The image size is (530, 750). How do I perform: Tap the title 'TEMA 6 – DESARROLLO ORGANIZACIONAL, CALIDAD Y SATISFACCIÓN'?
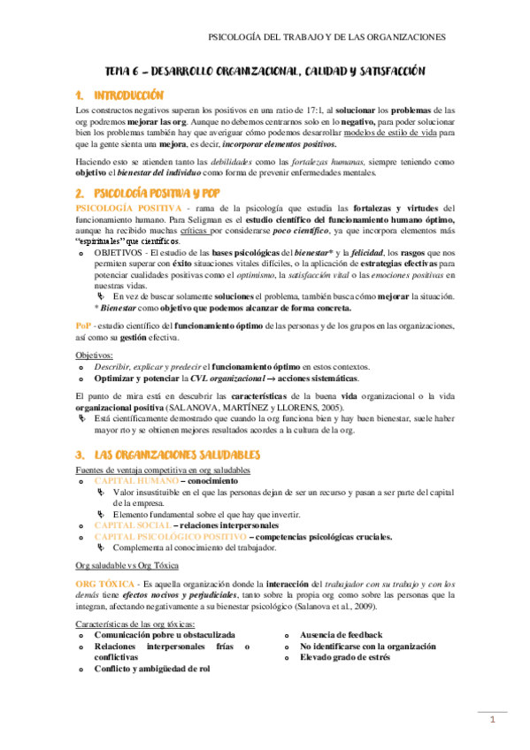[265, 71]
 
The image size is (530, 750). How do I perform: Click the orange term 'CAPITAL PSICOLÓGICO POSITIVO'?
[169, 536]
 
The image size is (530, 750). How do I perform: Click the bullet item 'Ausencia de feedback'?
[341, 635]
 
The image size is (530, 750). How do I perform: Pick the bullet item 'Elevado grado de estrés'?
[348, 657]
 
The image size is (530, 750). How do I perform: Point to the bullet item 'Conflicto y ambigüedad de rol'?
[151, 669]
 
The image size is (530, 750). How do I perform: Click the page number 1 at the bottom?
[493, 722]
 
